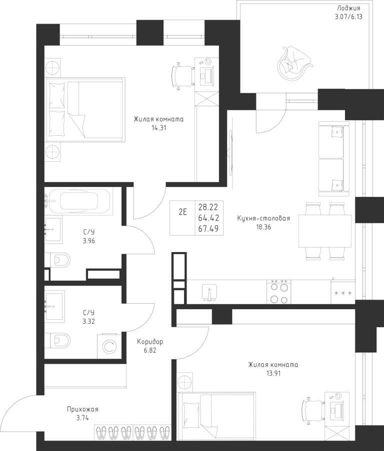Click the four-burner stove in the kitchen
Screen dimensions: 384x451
click(x=278, y=292)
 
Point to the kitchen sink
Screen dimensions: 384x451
click(x=209, y=292)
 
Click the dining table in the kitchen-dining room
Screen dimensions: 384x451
click(x=324, y=231)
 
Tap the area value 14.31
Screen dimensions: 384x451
click(x=158, y=128)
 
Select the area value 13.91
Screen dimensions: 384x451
click(x=273, y=373)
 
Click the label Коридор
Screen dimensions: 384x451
click(x=150, y=342)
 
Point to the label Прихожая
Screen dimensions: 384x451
click(x=82, y=409)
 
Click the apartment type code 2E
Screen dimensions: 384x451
click(x=182, y=212)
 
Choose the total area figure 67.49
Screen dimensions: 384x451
click(x=208, y=229)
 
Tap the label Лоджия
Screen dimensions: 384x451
click(x=348, y=8)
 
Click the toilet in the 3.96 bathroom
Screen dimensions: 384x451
click(x=60, y=261)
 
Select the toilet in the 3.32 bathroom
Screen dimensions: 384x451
click(x=60, y=341)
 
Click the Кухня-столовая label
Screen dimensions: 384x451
click(x=263, y=218)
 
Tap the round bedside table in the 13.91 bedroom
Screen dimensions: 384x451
click(x=185, y=382)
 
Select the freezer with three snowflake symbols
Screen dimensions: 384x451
click(x=343, y=292)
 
